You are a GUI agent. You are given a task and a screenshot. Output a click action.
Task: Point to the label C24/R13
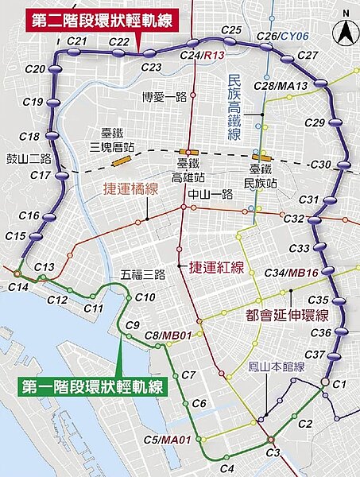[x=198, y=56]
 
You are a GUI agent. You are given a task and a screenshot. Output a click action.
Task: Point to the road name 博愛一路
[x=164, y=97]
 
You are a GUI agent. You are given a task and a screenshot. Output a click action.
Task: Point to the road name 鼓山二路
[x=28, y=157]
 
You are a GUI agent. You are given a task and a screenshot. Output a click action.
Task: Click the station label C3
[x=273, y=452]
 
